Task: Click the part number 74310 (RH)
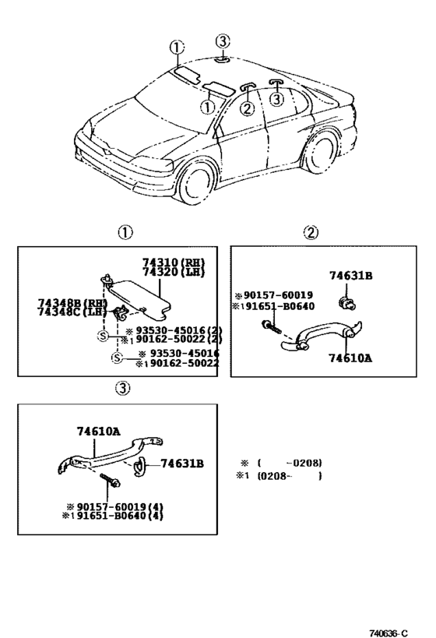174,263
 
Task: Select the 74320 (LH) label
174,272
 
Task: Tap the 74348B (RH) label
72,303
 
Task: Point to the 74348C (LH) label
72,312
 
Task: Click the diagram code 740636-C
388,633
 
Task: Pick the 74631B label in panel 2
350,276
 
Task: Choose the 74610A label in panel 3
98,432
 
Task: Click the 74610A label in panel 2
350,358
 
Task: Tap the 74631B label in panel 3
182,464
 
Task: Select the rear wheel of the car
322,151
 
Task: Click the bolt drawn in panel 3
110,479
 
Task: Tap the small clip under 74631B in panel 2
347,303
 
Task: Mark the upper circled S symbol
104,336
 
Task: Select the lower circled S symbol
117,358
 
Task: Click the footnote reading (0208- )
290,476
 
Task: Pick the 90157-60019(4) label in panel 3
114,507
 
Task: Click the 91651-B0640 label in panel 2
273,306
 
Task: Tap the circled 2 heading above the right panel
311,232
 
